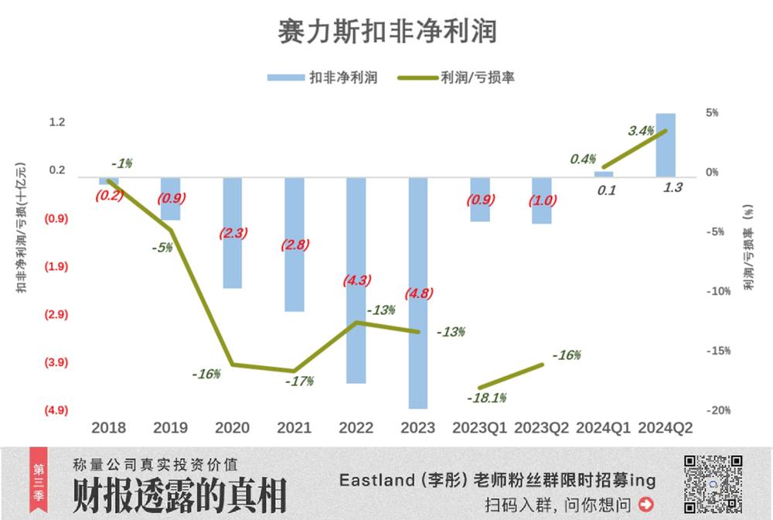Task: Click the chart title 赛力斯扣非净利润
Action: click(x=386, y=32)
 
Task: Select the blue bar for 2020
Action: click(x=233, y=233)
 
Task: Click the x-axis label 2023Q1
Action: click(x=481, y=428)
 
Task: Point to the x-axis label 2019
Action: click(x=171, y=428)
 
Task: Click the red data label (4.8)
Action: click(x=419, y=294)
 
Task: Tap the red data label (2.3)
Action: click(x=233, y=232)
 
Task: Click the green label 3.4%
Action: click(x=642, y=131)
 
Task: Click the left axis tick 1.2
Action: click(x=57, y=122)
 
